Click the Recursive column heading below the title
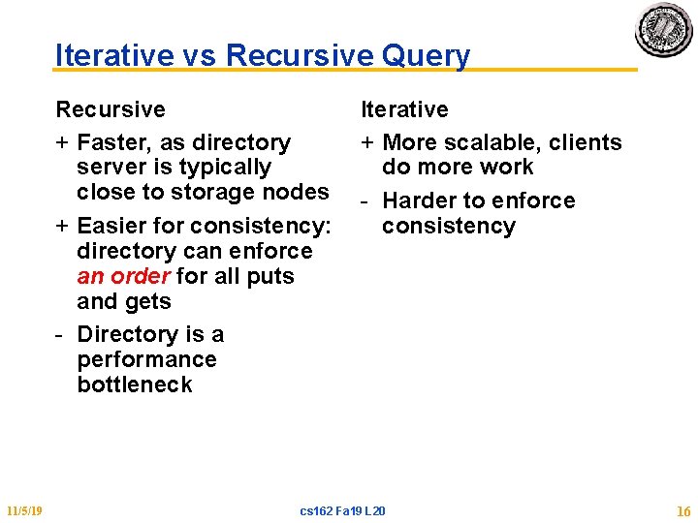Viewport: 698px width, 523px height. pyautogui.click(x=111, y=109)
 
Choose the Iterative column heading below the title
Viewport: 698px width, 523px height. pyautogui.click(x=404, y=109)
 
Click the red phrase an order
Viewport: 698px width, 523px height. pyautogui.click(x=124, y=276)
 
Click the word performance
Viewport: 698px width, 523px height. pyautogui.click(x=146, y=359)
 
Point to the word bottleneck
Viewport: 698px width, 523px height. pyautogui.click(x=135, y=385)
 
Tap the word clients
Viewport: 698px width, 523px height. pyautogui.click(x=586, y=142)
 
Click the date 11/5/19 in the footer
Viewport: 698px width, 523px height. pyautogui.click(x=22, y=510)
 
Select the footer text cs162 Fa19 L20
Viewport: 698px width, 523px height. pyautogui.click(x=342, y=510)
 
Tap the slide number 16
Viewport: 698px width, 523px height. pyautogui.click(x=683, y=510)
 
